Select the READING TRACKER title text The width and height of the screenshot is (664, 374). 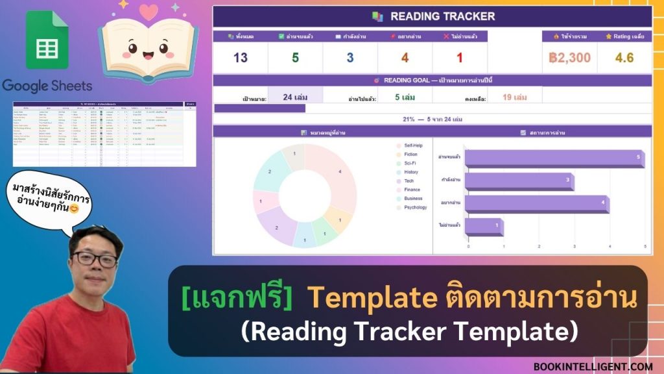pyautogui.click(x=442, y=16)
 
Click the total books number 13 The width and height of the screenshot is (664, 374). pyautogui.click(x=241, y=58)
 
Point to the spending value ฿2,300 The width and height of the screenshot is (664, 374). pyautogui.click(x=569, y=58)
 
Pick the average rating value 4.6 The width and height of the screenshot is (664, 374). pyautogui.click(x=624, y=58)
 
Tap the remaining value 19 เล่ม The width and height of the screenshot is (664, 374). pyautogui.click(x=515, y=97)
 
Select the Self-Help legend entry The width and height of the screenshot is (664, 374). pyautogui.click(x=413, y=145)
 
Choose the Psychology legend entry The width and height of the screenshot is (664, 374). pyautogui.click(x=415, y=208)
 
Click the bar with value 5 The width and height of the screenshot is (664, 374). pyautogui.click(x=554, y=158)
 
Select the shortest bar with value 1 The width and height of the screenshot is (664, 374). pyautogui.click(x=483, y=226)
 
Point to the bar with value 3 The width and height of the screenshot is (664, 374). pyautogui.click(x=519, y=181)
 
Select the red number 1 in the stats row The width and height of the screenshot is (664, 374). pyautogui.click(x=460, y=58)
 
